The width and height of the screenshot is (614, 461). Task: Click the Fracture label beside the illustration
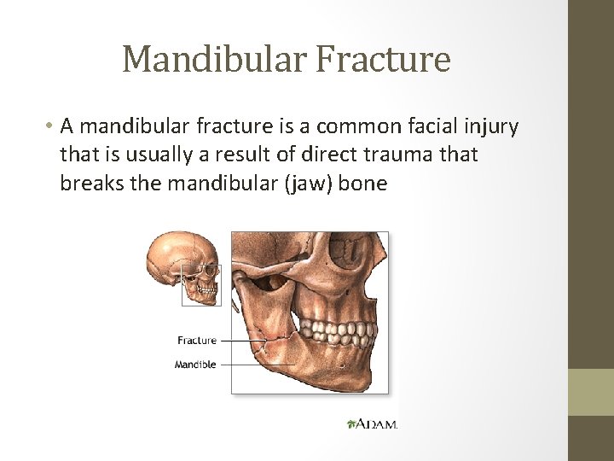coord(197,341)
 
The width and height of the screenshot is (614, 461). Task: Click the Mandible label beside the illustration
coord(195,365)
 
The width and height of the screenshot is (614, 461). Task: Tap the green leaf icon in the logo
coord(351,423)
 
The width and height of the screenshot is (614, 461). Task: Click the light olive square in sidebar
coord(591,392)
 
